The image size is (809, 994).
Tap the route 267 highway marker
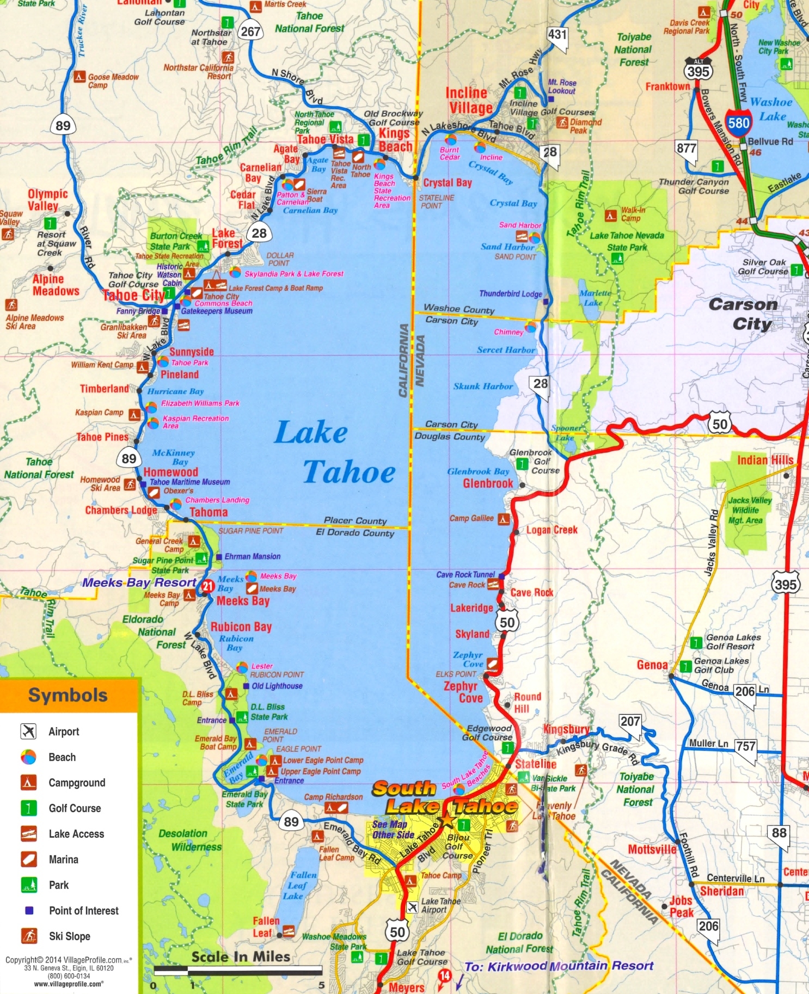[x=250, y=31]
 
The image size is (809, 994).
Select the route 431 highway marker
[x=557, y=35]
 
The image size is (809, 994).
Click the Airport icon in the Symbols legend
[x=28, y=731]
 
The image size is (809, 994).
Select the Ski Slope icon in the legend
[x=28, y=936]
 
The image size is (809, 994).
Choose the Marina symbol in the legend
[x=28, y=859]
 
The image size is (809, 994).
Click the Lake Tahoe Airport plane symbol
[x=412, y=907]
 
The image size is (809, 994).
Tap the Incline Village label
[x=469, y=100]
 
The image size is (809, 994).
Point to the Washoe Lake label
[x=771, y=109]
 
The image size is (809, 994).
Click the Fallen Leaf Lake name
[x=303, y=885]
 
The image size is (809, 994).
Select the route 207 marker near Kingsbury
[x=630, y=722]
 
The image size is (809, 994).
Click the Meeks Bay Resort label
[x=139, y=582]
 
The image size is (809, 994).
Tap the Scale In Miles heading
[x=241, y=956]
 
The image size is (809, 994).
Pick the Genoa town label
[x=652, y=665]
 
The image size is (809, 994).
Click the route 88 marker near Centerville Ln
[x=779, y=833]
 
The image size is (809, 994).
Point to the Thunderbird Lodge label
[x=510, y=293]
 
